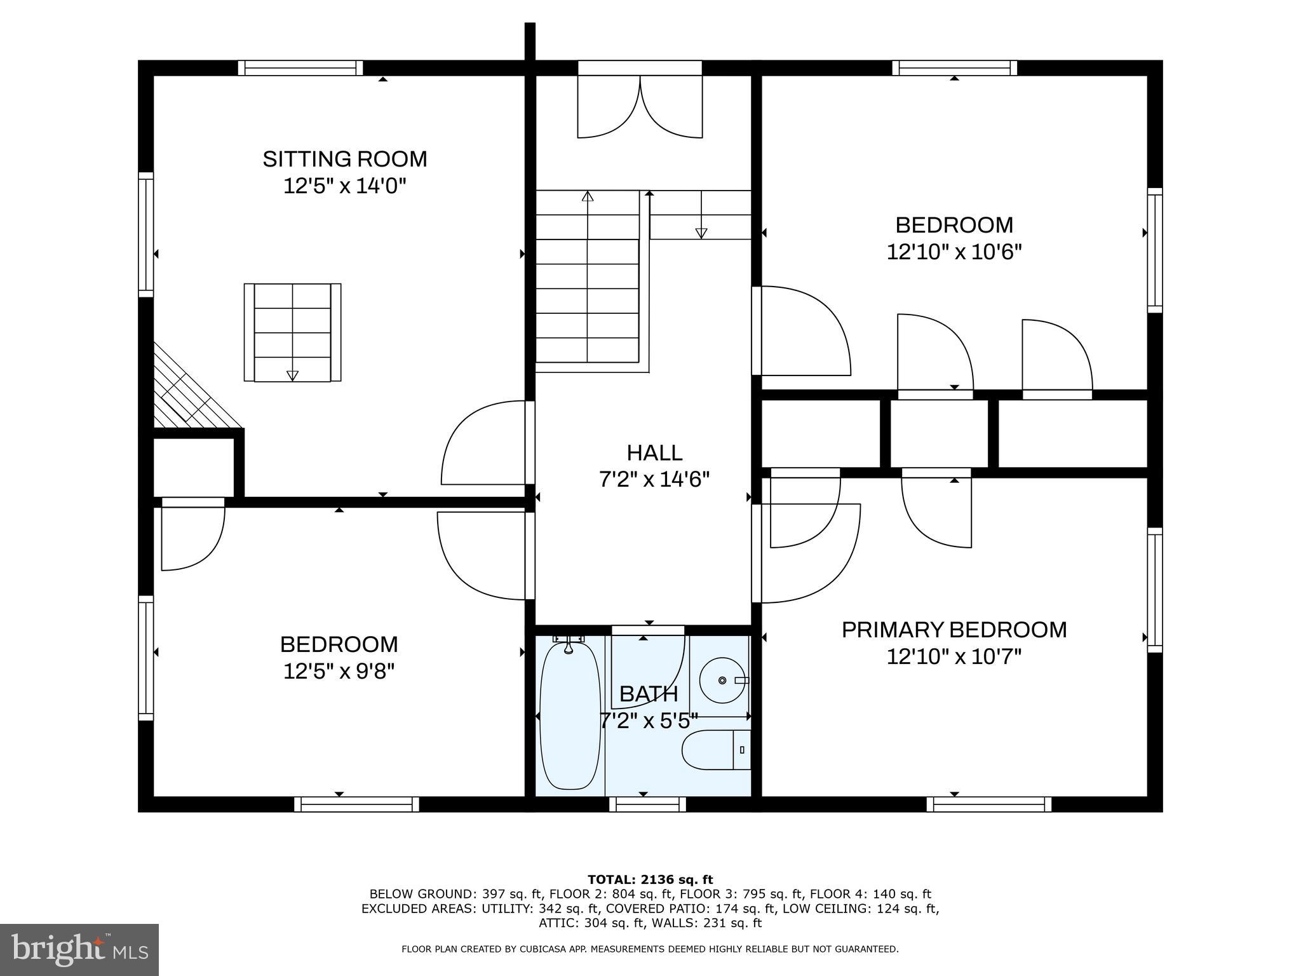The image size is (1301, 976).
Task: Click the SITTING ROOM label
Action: (x=344, y=159)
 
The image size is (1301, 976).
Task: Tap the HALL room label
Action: (x=654, y=453)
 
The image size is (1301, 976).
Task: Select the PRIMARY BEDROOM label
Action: (x=954, y=630)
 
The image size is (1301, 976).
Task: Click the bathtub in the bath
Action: (x=570, y=717)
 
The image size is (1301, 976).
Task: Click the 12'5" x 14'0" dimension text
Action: (x=344, y=187)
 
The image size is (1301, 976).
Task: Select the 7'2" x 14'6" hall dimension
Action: (x=654, y=480)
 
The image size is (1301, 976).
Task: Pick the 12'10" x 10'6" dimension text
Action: (x=954, y=252)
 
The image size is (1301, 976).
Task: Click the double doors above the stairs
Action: (x=640, y=106)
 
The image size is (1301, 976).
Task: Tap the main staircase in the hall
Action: (x=588, y=280)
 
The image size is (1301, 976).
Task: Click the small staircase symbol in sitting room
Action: (x=292, y=332)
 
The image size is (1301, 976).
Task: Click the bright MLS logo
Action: (x=79, y=949)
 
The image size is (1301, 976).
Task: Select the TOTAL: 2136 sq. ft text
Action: (x=650, y=880)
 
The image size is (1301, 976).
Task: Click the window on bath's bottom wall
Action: (x=647, y=804)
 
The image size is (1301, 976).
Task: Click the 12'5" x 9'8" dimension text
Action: (x=339, y=672)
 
